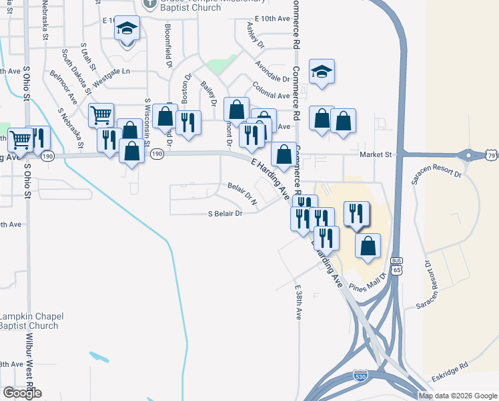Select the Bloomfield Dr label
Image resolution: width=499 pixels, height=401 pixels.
pyautogui.click(x=169, y=47)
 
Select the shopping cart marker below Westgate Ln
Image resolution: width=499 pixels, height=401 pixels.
pyautogui.click(x=101, y=115)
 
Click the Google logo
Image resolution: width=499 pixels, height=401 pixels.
pyautogui.click(x=22, y=393)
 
